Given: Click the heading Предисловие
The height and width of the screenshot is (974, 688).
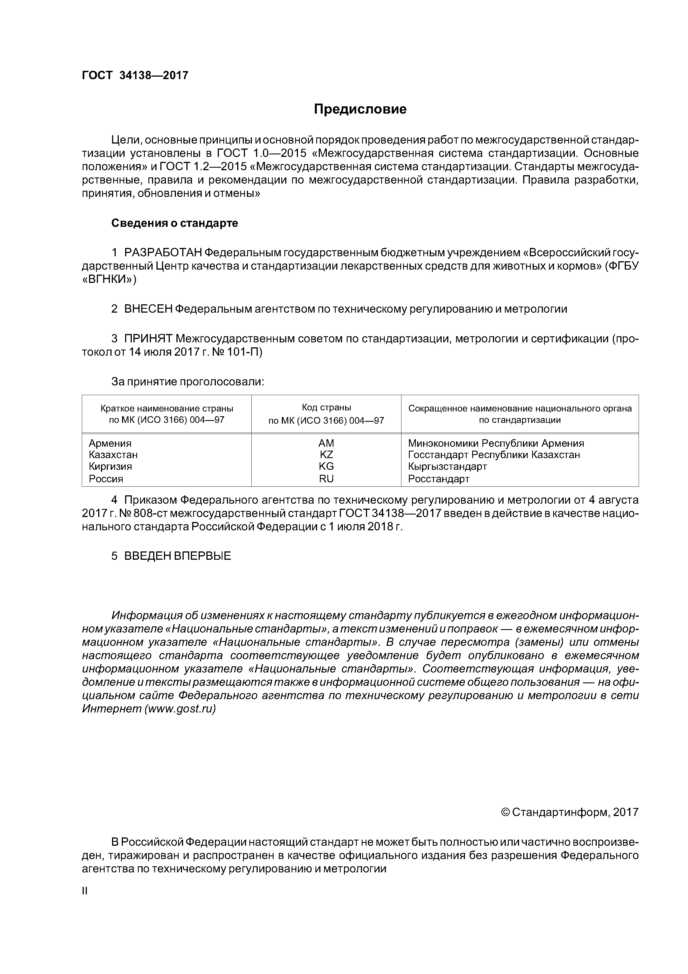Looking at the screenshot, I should click(x=360, y=109).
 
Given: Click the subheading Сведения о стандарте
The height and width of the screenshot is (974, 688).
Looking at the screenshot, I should click(x=175, y=223).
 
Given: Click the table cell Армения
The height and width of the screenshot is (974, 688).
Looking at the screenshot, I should click(x=110, y=443).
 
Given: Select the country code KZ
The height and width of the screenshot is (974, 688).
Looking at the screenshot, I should click(x=327, y=455).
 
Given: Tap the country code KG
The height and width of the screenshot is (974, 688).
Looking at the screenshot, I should click(x=327, y=467).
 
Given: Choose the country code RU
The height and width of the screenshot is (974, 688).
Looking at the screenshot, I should click(x=327, y=479).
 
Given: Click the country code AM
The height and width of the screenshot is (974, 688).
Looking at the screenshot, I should click(x=327, y=443).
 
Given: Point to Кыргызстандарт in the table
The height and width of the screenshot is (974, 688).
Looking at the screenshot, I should click(x=448, y=467).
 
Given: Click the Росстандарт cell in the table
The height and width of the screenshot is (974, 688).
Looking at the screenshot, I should click(x=439, y=479).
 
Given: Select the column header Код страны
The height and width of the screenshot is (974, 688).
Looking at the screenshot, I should click(x=327, y=408).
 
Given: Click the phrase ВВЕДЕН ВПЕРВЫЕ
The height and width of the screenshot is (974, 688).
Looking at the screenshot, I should click(x=178, y=556).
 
